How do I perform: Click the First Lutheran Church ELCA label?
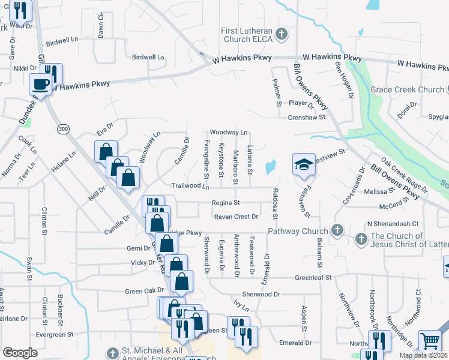coord(247,35)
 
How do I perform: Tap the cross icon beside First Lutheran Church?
coord(282,32)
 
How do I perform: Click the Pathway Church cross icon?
coord(337,230)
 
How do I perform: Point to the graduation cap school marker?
coord(304,164)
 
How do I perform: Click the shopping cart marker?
coord(430,341)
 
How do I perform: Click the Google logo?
coord(20,352)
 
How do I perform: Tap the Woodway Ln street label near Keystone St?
coord(228,132)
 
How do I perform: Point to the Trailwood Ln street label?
coord(190,187)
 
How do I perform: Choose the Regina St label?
coord(226,203)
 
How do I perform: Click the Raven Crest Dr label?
coord(236,216)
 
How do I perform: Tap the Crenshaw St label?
coord(306,117)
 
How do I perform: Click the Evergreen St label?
coord(54,334)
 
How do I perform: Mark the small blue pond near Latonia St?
coord(271,165)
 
